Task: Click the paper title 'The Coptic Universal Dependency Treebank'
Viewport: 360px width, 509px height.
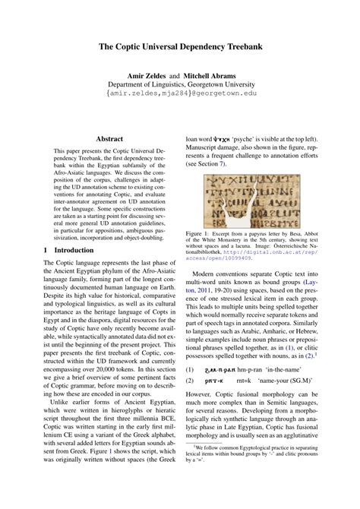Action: coord(180,47)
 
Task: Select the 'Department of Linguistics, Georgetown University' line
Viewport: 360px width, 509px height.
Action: coord(180,86)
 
